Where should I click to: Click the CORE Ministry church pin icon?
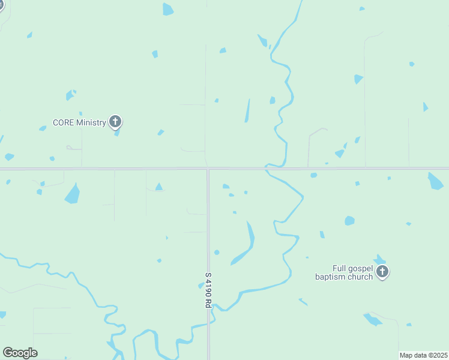[116, 122]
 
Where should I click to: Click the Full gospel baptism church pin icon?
[382, 272]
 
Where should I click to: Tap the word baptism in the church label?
[332, 277]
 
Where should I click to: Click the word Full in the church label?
[340, 268]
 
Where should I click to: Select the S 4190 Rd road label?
[208, 290]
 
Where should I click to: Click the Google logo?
[20, 353]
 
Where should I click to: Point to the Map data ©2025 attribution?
[423, 355]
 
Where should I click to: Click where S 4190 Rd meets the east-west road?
[208, 169]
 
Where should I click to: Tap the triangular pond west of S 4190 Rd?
[158, 187]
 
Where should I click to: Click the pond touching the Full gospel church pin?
[379, 259]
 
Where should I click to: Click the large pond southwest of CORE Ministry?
[73, 194]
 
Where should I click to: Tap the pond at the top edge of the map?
[168, 9]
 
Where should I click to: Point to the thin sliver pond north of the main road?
[247, 110]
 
